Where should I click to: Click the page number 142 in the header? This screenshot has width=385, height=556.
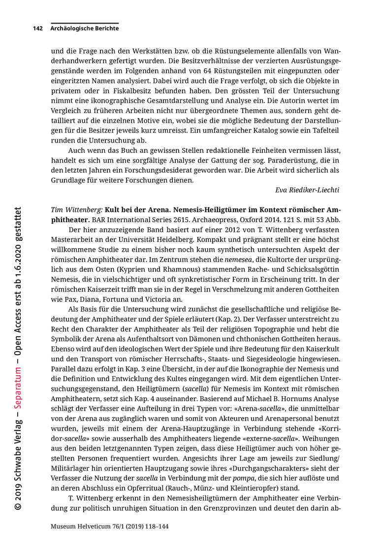[38, 29]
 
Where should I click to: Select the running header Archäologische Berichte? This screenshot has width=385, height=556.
[84, 29]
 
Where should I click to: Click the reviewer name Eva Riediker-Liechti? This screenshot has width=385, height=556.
[307, 190]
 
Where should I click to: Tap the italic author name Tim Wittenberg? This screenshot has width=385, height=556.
[76, 209]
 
